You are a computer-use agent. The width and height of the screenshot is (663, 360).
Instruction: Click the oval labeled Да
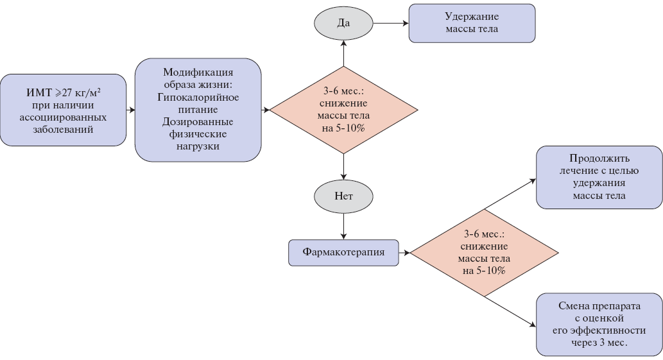[343, 24]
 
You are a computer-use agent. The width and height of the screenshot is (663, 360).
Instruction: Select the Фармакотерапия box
[343, 252]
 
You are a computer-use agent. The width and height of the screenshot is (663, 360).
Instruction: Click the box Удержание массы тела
[472, 23]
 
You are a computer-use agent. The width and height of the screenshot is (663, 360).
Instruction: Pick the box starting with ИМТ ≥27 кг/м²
[63, 110]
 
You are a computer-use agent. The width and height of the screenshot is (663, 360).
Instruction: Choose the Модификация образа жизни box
[198, 109]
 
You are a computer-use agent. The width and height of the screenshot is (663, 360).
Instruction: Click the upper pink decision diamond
[343, 110]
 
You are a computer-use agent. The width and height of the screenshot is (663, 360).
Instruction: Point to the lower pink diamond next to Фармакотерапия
[484, 253]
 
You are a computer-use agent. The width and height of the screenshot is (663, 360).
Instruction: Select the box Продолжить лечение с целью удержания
[599, 177]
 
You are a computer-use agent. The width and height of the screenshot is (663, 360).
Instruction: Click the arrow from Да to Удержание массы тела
[390, 24]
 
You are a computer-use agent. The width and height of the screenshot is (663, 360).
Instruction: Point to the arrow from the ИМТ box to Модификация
[130, 110]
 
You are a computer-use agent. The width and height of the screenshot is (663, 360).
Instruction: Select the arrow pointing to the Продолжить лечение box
[510, 194]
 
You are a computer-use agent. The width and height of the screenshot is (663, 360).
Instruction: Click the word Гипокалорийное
[198, 97]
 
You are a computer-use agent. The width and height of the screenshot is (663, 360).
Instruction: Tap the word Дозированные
[198, 122]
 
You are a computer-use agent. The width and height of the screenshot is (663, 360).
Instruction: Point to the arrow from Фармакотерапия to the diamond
[404, 253]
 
